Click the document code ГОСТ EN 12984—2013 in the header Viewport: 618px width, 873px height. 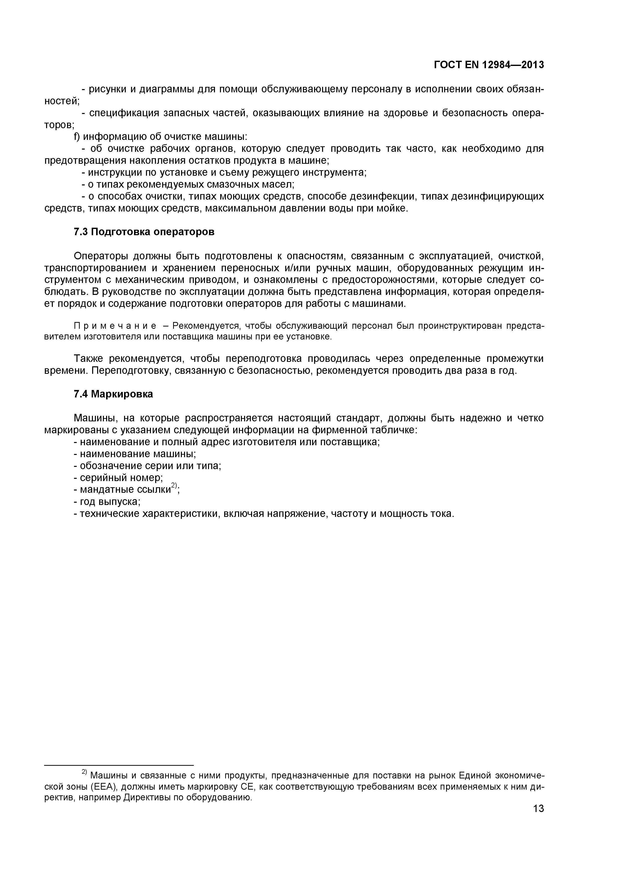coord(489,65)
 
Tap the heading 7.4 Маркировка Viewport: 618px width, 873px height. coord(113,394)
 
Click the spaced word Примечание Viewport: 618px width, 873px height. coord(115,326)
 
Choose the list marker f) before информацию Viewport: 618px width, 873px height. coord(76,137)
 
